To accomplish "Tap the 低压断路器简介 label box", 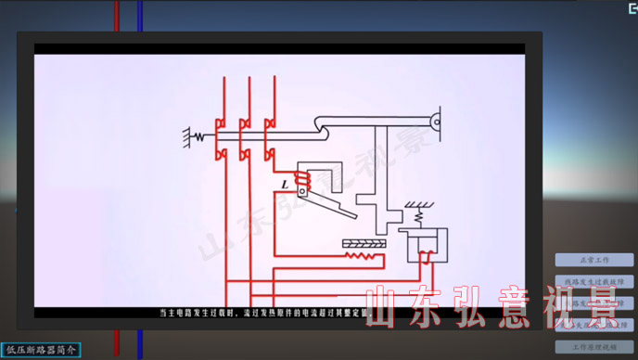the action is [x=42, y=350].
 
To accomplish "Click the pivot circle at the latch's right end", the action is [x=434, y=121].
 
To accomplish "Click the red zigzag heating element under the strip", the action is [x=364, y=253].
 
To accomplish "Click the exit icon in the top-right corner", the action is [x=626, y=7].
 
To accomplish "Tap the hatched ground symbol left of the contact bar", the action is [x=188, y=137].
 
